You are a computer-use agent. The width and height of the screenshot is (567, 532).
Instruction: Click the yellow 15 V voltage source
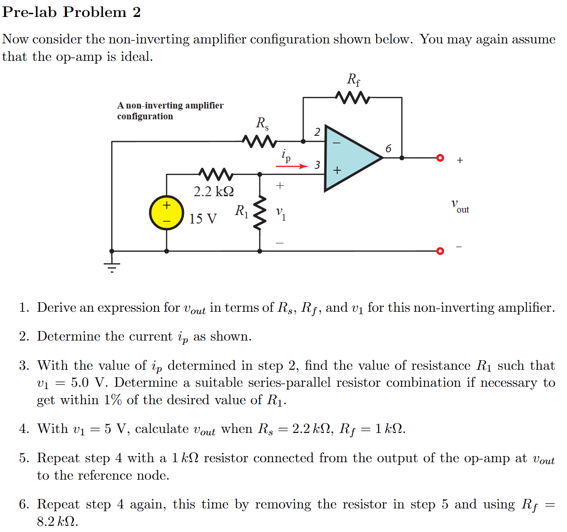tap(166, 213)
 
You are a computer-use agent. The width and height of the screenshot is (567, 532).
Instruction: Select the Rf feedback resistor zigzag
tap(352, 98)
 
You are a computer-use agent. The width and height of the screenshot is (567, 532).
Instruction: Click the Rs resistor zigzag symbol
tap(258, 141)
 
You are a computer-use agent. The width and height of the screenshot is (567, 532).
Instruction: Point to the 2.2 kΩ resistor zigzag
tap(215, 174)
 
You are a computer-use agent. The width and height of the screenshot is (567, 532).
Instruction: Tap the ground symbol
tap(112, 267)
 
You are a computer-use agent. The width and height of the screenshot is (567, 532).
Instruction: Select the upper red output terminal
tap(440, 158)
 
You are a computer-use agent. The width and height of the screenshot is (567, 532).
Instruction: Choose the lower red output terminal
tap(440, 251)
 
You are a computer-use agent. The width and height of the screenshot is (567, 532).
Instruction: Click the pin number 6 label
tap(388, 149)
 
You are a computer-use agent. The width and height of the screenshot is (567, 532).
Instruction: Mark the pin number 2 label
tap(317, 132)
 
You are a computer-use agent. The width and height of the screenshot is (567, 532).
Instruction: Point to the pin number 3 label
tap(317, 165)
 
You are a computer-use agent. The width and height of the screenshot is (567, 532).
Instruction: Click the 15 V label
tap(203, 219)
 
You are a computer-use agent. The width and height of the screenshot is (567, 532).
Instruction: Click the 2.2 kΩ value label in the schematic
tap(214, 191)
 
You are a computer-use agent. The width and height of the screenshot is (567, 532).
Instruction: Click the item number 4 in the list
tap(24, 429)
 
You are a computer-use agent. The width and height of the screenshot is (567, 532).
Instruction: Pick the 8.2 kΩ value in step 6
tap(57, 522)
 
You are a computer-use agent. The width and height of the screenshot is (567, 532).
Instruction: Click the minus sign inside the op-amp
tap(337, 142)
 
